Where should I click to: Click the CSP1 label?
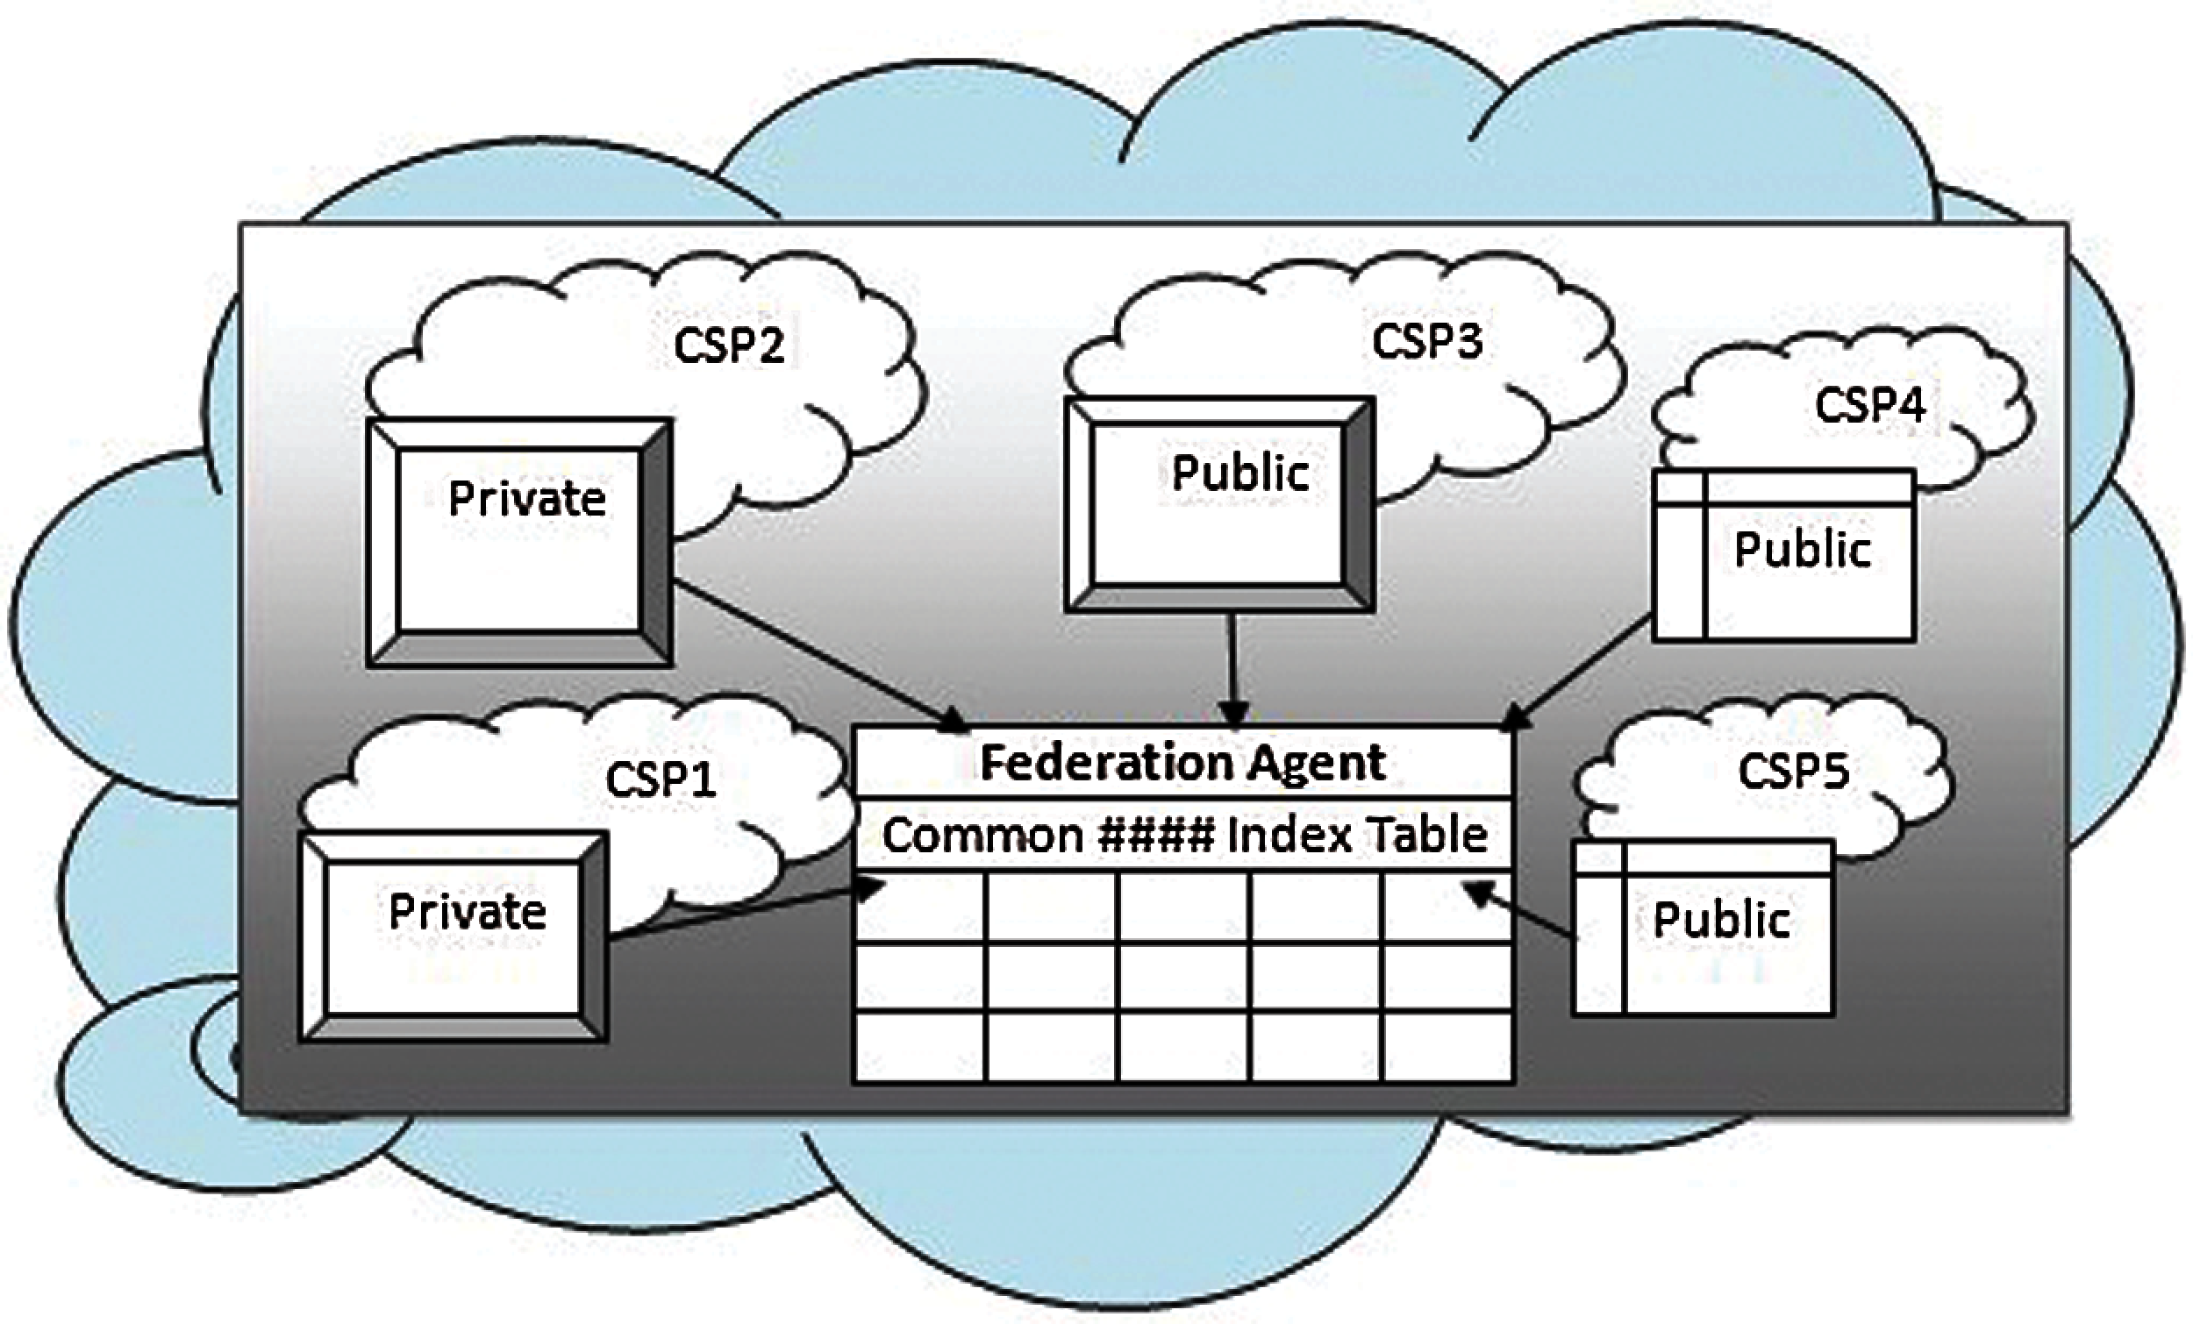661,780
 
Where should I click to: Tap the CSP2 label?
729,345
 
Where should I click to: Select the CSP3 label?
1426,341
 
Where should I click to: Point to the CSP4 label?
1870,406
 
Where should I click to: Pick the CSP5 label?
1793,772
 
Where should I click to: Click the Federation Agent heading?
1182,763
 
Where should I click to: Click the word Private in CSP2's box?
527,498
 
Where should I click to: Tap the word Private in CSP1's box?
468,912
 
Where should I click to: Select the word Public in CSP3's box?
1239,473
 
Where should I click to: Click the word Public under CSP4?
1803,549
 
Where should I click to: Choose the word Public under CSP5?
1721,920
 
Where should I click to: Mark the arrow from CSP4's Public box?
1580,676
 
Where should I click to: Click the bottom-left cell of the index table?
919,1048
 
